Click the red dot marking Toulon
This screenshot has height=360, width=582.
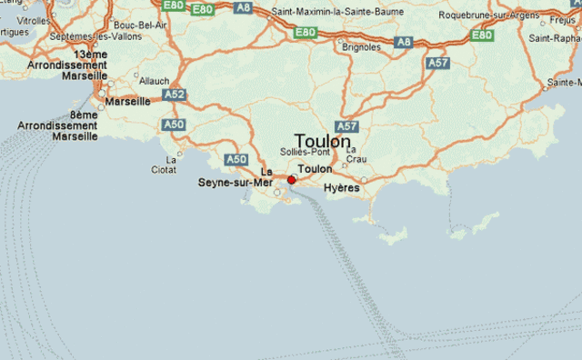coord(291,180)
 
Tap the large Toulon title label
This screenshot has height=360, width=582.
coord(322,142)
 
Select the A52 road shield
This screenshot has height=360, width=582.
coord(174,94)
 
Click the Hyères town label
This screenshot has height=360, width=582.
coord(342,188)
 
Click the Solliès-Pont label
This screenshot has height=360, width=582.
coord(305,152)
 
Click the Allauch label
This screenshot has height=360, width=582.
coord(154,81)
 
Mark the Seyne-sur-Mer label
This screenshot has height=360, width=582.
coord(236,182)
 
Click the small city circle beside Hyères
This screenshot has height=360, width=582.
coord(363,180)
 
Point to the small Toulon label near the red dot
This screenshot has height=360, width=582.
coord(315,169)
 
